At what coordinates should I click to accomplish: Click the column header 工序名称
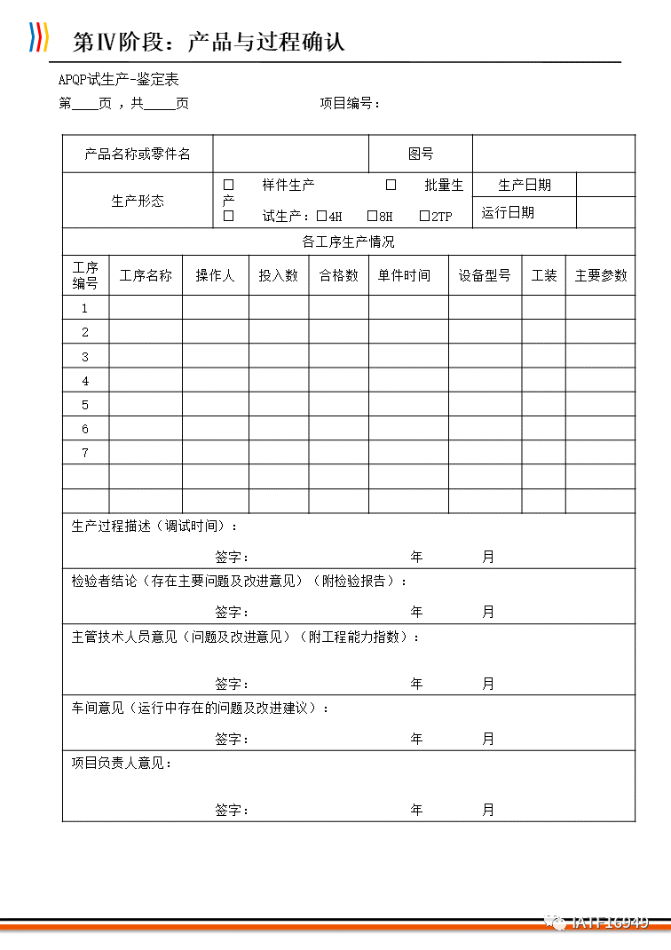point(146,275)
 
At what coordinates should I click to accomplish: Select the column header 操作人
point(215,275)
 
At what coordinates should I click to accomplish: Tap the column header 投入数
point(278,275)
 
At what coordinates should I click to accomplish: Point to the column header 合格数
point(338,275)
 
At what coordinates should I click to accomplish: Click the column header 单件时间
point(404,275)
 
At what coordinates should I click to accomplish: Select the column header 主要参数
point(600,275)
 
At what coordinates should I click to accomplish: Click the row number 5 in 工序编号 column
point(85,405)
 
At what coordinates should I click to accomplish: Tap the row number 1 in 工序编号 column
point(85,308)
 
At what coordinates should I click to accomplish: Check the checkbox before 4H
point(322,216)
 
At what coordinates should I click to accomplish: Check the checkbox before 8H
point(373,216)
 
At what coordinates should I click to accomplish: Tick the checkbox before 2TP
point(424,216)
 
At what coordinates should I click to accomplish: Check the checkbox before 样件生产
point(228,185)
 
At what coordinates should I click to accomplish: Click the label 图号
point(420,154)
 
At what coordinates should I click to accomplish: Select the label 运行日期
point(508,212)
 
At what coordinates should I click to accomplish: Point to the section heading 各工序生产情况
point(348,241)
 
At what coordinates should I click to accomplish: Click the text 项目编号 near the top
point(349,103)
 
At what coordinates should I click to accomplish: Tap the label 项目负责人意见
point(121,763)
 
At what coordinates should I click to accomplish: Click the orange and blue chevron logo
point(38,37)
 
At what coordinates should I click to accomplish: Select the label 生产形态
point(138,201)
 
